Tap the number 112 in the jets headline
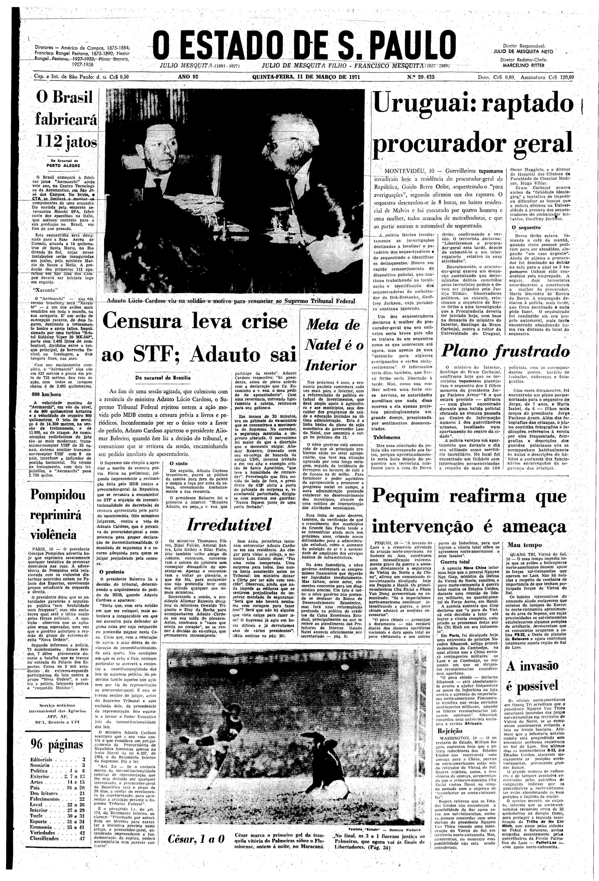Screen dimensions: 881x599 coord(47,143)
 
